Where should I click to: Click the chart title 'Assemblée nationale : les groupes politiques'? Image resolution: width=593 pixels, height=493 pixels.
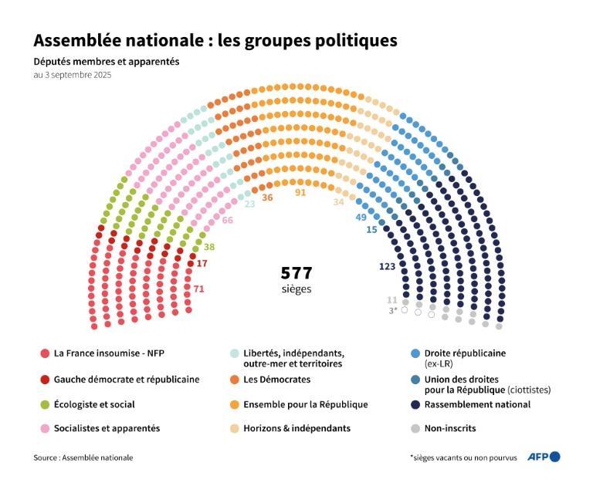point(215,40)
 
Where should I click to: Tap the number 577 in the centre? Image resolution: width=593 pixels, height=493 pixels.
point(296,273)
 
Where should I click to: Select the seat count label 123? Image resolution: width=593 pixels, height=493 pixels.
point(388,266)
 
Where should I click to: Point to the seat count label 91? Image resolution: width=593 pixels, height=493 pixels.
point(300,192)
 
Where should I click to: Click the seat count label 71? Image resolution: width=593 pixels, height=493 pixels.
point(198,289)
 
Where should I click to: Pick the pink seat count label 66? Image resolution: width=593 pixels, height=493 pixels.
point(227,220)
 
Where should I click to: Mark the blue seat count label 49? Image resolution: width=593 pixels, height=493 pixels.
point(361,217)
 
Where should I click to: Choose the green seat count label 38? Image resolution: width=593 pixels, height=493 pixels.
point(208,248)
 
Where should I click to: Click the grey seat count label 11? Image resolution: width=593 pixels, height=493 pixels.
point(391,299)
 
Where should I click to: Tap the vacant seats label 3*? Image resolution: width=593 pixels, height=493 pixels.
point(392,310)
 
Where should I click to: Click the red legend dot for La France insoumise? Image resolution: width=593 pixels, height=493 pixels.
point(45,353)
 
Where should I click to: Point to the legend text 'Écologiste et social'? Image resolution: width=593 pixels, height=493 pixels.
point(94,404)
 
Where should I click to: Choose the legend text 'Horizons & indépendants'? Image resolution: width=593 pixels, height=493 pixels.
point(296,427)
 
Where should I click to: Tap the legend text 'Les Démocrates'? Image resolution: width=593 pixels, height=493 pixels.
point(276,379)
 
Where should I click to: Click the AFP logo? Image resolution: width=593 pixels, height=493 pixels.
point(543,457)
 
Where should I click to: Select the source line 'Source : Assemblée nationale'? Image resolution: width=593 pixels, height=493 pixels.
point(83,458)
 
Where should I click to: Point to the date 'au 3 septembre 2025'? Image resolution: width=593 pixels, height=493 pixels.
point(72,75)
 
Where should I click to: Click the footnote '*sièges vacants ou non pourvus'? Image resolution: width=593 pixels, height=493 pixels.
point(463,458)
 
